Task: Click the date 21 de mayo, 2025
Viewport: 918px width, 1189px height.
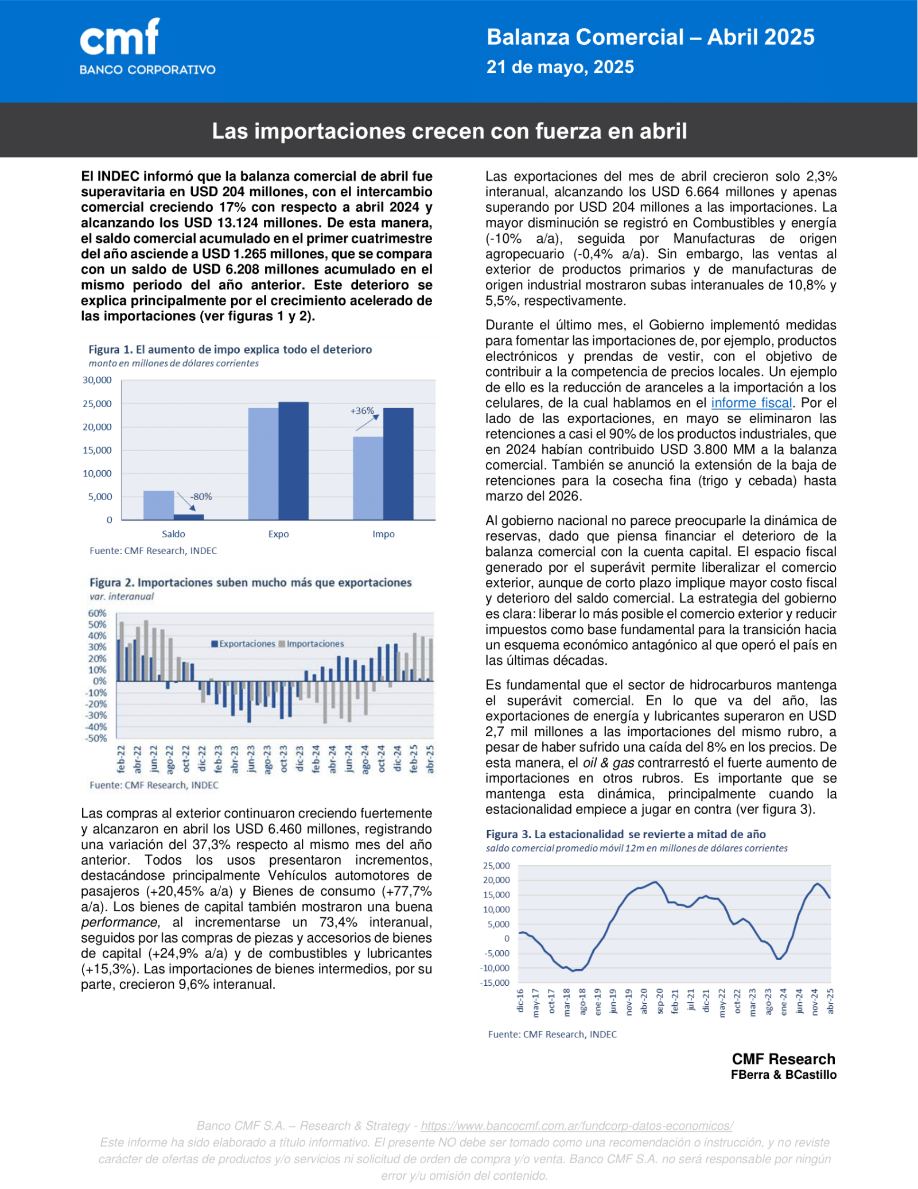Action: [x=560, y=67]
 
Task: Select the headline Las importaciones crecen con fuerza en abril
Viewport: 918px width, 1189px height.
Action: [x=449, y=131]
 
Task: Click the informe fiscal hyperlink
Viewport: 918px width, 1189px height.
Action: [x=751, y=403]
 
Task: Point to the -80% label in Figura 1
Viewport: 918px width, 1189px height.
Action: [x=201, y=497]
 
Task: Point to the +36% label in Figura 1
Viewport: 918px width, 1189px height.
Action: [x=362, y=410]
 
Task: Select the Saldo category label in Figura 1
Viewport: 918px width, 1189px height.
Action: [x=173, y=534]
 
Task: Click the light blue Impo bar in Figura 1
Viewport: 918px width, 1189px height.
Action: [x=368, y=478]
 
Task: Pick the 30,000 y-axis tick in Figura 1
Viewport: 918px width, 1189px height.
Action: [x=97, y=380]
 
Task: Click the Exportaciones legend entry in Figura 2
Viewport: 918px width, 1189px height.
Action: [x=244, y=644]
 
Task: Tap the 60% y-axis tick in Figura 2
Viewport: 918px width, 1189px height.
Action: [x=97, y=613]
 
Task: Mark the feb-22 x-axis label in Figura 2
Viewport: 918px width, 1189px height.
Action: [x=121, y=759]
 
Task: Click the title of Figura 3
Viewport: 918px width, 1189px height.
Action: [x=625, y=834]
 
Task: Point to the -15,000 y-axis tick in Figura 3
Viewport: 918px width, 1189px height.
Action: [x=495, y=983]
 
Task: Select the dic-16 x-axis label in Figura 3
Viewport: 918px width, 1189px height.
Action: [x=520, y=1000]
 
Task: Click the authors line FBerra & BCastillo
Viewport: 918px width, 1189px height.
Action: [x=783, y=1075]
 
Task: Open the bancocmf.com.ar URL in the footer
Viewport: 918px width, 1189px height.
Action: [x=577, y=1126]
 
